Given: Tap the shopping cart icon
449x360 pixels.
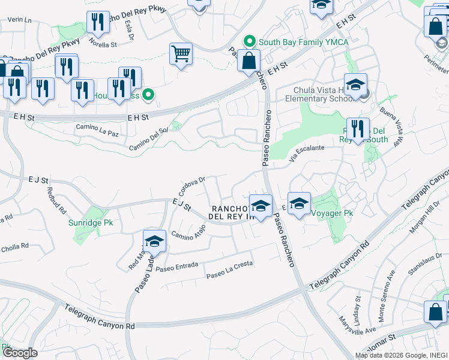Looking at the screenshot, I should point(181,55).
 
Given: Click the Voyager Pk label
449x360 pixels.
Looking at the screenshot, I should point(329,211).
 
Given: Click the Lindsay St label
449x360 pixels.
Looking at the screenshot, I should point(358,306).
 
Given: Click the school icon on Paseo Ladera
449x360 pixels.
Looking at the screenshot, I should point(154,242).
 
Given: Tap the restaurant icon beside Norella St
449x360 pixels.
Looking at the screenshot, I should point(97,22).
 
